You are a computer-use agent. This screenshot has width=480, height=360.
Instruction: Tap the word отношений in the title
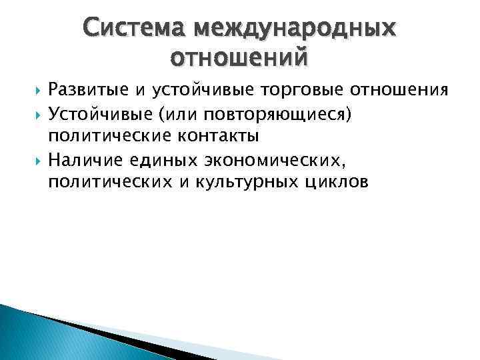coord(239,58)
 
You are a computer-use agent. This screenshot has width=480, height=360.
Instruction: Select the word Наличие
coord(85,159)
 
